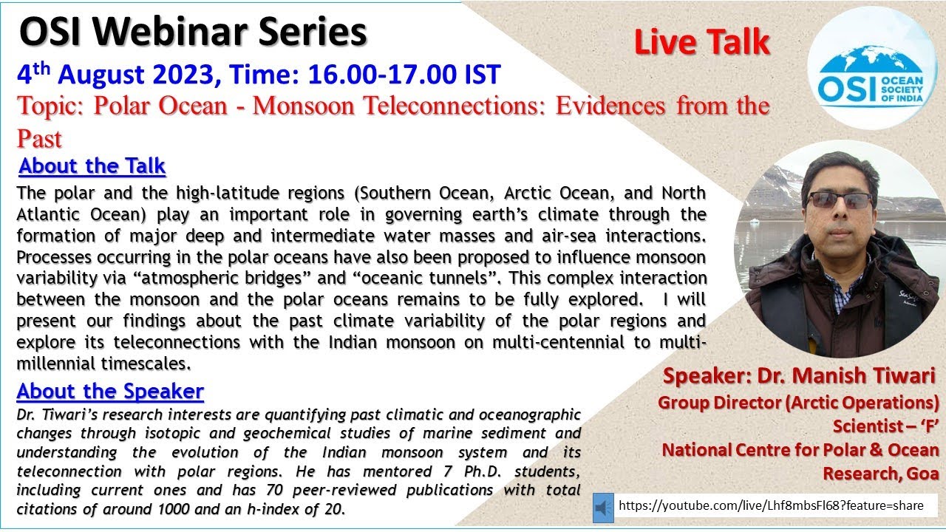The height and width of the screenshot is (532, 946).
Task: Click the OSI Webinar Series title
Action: click(x=194, y=33)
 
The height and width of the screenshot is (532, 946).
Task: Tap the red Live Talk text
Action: click(x=701, y=43)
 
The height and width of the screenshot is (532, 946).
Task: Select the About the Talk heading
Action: click(x=92, y=166)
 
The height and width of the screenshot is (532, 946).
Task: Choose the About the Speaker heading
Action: click(x=110, y=390)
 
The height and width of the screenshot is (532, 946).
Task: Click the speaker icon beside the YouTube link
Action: click(x=603, y=507)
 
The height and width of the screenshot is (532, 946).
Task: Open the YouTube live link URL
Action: click(x=771, y=506)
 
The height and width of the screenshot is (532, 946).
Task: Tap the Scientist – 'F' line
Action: click(x=886, y=426)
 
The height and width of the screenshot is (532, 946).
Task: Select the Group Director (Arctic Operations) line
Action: click(x=798, y=403)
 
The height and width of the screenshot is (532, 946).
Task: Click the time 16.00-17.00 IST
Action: click(x=410, y=75)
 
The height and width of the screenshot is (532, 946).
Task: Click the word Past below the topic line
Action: click(x=40, y=139)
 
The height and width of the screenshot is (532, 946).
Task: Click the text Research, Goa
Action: click(x=881, y=473)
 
